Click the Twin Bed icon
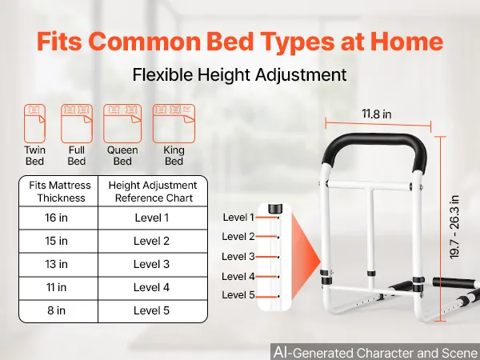(35, 123)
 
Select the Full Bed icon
(77, 123)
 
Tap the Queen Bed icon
(122, 123)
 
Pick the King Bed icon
(174, 123)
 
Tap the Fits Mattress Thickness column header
(60, 192)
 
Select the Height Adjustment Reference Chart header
(153, 192)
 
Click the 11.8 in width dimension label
(377, 114)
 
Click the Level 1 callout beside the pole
(238, 218)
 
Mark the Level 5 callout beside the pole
(238, 295)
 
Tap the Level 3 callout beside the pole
(238, 257)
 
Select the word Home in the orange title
(407, 42)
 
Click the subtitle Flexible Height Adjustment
(240, 74)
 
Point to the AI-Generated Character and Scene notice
(375, 352)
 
